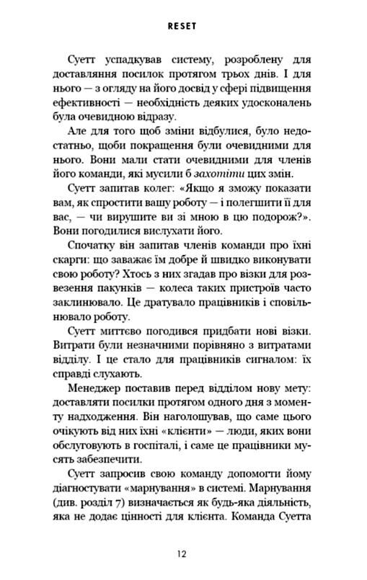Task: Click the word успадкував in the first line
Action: click(x=131, y=66)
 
